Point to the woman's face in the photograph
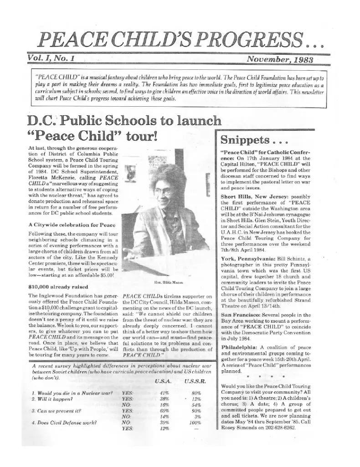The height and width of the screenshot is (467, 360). pyautogui.click(x=165, y=182)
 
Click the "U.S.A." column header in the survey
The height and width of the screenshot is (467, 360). pyautogui.click(x=164, y=380)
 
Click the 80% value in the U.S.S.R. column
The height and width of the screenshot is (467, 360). pyautogui.click(x=197, y=392)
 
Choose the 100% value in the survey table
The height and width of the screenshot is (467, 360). pyautogui.click(x=196, y=422)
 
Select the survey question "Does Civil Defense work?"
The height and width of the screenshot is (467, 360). pyautogui.click(x=65, y=422)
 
